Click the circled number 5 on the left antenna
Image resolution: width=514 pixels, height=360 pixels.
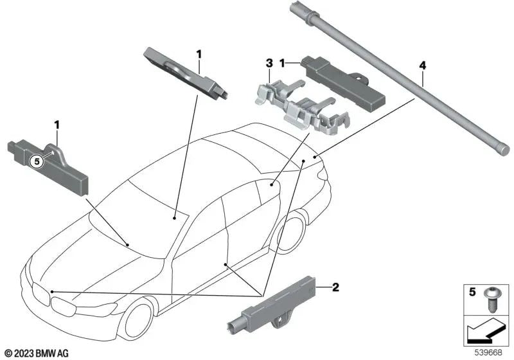click(37, 162)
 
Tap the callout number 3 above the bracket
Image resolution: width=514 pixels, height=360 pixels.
click(270, 63)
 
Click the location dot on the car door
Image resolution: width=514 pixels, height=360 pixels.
click(226, 264)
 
